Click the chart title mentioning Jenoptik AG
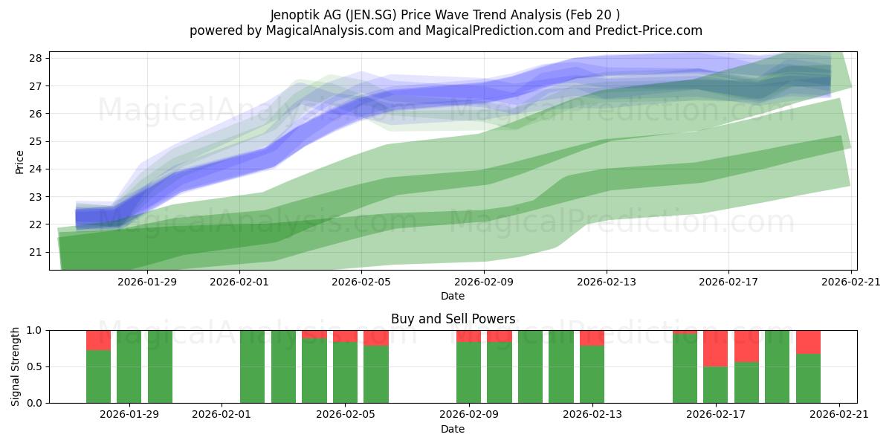pyautogui.click(x=445, y=15)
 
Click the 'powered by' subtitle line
pyautogui.click(x=445, y=30)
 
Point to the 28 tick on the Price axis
pyautogui.click(x=36, y=59)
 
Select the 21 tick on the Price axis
pyautogui.click(x=36, y=253)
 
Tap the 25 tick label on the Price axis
pyautogui.click(x=36, y=141)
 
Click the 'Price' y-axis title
pyautogui.click(x=19, y=162)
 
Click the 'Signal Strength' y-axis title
pyautogui.click(x=15, y=366)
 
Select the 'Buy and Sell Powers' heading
pyautogui.click(x=453, y=319)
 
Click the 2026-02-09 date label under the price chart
pyautogui.click(x=484, y=282)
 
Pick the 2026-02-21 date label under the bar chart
pyautogui.click(x=839, y=415)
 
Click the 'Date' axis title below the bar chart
pyautogui.click(x=453, y=430)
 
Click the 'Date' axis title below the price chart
pyautogui.click(x=453, y=297)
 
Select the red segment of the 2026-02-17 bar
pyautogui.click(x=716, y=349)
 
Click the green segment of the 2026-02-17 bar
pyautogui.click(x=716, y=385)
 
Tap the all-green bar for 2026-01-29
pyautogui.click(x=129, y=366)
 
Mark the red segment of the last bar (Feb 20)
pyautogui.click(x=809, y=342)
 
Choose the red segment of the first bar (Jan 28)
pyautogui.click(x=98, y=340)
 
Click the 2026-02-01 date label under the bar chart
pyautogui.click(x=222, y=415)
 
